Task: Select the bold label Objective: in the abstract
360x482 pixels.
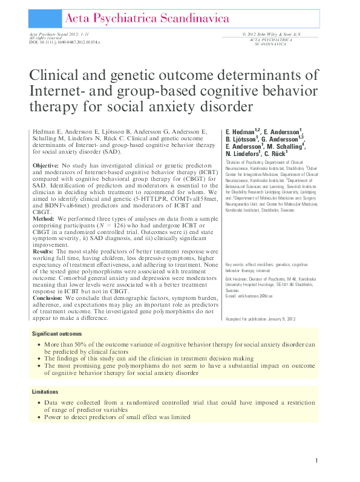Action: (45, 165)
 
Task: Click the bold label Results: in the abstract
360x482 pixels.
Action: (44, 249)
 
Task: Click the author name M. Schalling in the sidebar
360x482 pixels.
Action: (287, 146)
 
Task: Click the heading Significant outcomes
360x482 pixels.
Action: (58, 334)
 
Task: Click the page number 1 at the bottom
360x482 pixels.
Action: (316, 461)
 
